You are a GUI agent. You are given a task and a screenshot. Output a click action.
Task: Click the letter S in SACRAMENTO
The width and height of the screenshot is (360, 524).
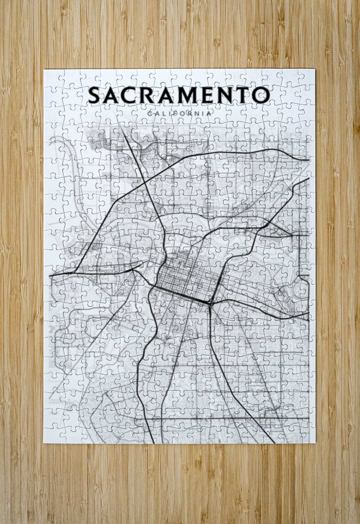click(x=94, y=95)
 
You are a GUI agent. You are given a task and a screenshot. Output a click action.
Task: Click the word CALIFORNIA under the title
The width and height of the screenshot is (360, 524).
click(x=180, y=113)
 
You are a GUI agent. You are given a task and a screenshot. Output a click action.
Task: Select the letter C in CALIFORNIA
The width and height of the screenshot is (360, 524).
click(x=150, y=113)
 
